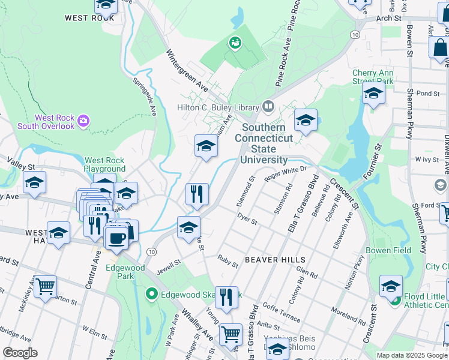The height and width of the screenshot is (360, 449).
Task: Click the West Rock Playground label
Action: click(x=104, y=164)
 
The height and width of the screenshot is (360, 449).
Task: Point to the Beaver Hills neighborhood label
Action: click(x=275, y=260)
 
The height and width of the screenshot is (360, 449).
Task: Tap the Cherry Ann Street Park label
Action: click(x=372, y=77)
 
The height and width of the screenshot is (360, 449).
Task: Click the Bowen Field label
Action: click(x=388, y=250)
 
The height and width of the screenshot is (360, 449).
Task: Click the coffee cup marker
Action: click(x=116, y=238)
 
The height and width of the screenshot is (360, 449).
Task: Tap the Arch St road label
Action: click(x=388, y=19)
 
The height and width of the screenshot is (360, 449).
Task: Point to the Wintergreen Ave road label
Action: click(x=187, y=70)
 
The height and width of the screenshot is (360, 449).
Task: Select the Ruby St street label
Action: click(x=228, y=261)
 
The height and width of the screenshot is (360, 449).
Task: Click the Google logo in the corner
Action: click(x=20, y=353)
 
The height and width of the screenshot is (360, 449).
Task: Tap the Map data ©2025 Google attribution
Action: click(x=412, y=355)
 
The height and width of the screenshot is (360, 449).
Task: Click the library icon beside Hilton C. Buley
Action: click(x=268, y=107)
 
